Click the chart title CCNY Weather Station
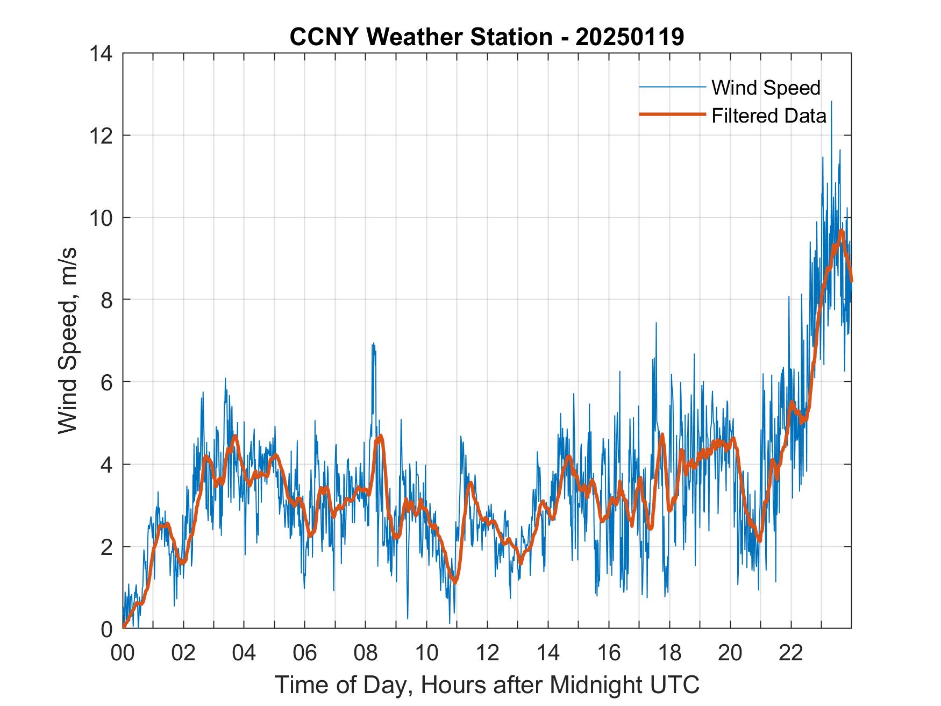pyautogui.click(x=487, y=37)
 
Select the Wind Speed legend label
pyautogui.click(x=766, y=88)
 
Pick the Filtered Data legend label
pyautogui.click(x=768, y=116)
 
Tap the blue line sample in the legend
pyautogui.click(x=672, y=87)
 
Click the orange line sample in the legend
pyautogui.click(x=672, y=115)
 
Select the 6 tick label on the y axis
pyautogui.click(x=106, y=382)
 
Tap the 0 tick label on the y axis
pyautogui.click(x=106, y=629)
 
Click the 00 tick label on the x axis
pyautogui.click(x=123, y=653)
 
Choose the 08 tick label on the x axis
pyautogui.click(x=366, y=653)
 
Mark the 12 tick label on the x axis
pyautogui.click(x=487, y=653)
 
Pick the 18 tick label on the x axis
pyautogui.click(x=669, y=653)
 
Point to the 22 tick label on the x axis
pyautogui.click(x=791, y=653)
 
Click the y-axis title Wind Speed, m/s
pyautogui.click(x=68, y=340)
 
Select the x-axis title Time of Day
pyautogui.click(x=487, y=684)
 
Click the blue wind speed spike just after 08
pyautogui.click(x=373, y=345)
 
